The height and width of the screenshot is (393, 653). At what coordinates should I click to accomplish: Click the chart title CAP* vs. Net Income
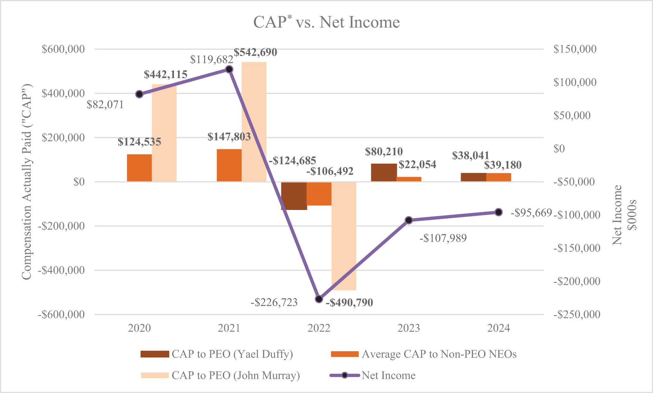[326, 22]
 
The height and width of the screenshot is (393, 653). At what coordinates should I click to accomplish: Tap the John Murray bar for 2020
[164, 133]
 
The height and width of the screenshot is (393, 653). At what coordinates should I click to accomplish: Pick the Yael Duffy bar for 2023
[384, 172]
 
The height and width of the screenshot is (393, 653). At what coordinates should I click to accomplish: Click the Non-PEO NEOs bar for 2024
[499, 177]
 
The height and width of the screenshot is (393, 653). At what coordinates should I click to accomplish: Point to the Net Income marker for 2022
[319, 299]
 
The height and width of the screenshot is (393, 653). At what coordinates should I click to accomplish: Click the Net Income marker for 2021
[229, 69]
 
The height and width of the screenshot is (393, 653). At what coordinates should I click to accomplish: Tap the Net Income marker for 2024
[498, 212]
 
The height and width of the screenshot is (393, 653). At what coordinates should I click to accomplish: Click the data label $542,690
[255, 52]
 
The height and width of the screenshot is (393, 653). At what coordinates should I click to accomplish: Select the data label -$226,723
[274, 303]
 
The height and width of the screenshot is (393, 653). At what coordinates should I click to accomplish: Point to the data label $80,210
[384, 152]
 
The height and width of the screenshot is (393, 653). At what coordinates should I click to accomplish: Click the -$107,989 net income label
[443, 238]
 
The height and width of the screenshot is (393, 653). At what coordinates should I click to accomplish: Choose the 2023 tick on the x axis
[409, 328]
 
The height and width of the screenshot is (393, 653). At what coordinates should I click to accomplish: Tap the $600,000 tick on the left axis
[63, 49]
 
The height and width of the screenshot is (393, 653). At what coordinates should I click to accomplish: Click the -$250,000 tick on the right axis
[577, 314]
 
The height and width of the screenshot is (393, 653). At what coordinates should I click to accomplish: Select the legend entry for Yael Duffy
[217, 354]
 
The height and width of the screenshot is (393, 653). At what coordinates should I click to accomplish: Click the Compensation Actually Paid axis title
[27, 181]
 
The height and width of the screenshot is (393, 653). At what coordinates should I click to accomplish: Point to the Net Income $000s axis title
[624, 215]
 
